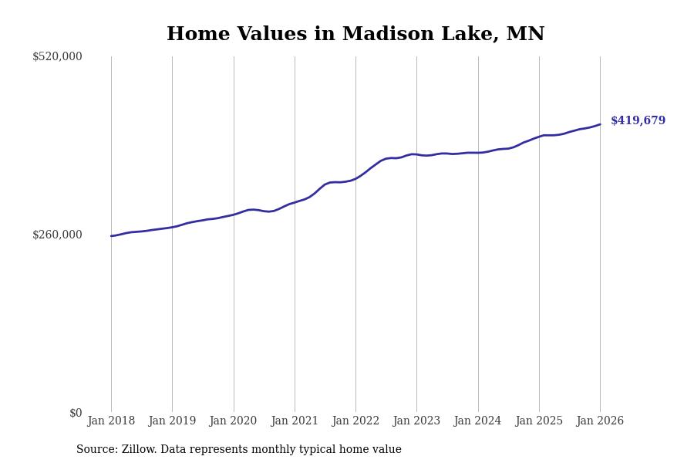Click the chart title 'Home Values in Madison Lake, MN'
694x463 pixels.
click(x=355, y=35)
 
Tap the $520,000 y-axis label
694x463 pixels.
click(x=57, y=56)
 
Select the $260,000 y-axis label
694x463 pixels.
click(x=57, y=235)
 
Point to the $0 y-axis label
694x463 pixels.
click(x=76, y=413)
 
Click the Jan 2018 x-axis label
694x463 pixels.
click(x=111, y=421)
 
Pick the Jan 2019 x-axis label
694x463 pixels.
click(x=172, y=421)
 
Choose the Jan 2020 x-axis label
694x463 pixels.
click(x=233, y=421)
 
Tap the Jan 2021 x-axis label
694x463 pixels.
click(x=295, y=421)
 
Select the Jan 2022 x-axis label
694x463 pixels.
click(x=355, y=421)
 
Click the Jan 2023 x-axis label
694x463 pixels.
click(x=416, y=421)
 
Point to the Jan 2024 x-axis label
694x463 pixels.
click(x=477, y=421)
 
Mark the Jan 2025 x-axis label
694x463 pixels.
click(x=539, y=421)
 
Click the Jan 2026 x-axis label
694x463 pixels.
click(x=600, y=421)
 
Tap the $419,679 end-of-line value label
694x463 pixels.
click(x=638, y=121)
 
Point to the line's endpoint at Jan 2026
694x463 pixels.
click(x=600, y=124)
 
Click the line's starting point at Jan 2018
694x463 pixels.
click(x=111, y=236)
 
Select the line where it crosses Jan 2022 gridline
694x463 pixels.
click(x=355, y=178)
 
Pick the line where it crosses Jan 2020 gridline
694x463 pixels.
click(x=234, y=215)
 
